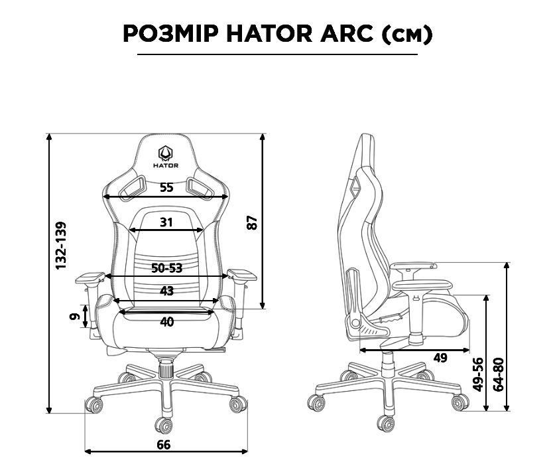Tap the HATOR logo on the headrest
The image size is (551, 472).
(166, 153)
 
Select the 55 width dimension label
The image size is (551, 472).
(166, 188)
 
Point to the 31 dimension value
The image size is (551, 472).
(166, 222)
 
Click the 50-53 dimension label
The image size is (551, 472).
(166, 268)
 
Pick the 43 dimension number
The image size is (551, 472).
(166, 291)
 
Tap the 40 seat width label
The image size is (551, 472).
(167, 322)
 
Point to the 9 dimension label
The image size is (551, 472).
(75, 317)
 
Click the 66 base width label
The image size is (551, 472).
(163, 444)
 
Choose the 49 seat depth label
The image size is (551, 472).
(440, 358)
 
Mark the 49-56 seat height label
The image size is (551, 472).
(477, 374)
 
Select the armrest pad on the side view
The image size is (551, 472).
(413, 266)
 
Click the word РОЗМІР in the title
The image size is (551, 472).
(170, 34)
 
